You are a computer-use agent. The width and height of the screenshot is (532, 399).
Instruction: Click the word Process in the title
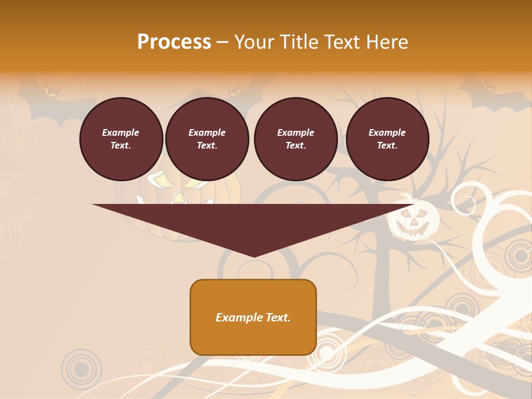(174, 42)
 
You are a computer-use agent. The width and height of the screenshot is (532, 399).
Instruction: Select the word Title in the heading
(300, 42)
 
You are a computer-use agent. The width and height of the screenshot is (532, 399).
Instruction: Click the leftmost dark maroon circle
(121, 139)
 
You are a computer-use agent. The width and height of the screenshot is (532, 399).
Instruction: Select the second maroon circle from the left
(207, 139)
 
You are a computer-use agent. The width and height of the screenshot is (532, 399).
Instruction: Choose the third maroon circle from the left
(296, 139)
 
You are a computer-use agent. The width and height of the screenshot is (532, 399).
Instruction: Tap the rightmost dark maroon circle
(387, 139)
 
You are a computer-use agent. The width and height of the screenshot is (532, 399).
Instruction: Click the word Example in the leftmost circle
(121, 132)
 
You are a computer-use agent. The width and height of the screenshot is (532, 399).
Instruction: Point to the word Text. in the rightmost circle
(387, 146)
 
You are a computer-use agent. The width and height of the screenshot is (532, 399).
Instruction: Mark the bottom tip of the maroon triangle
(253, 256)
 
